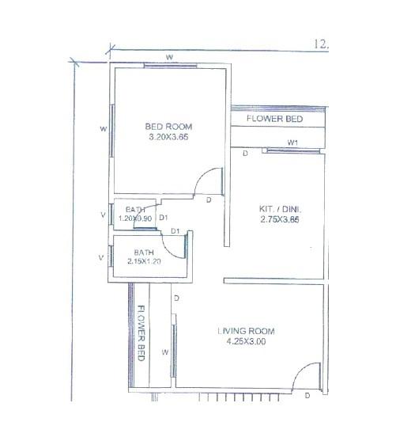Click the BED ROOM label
point(168,127)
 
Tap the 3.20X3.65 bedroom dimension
point(168,137)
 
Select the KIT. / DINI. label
point(281,209)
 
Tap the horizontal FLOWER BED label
point(274,119)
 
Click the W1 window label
point(292,142)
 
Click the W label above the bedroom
point(169,57)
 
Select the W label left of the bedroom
point(104,128)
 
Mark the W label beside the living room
point(165,351)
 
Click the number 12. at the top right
point(321,45)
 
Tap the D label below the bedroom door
point(208,200)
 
